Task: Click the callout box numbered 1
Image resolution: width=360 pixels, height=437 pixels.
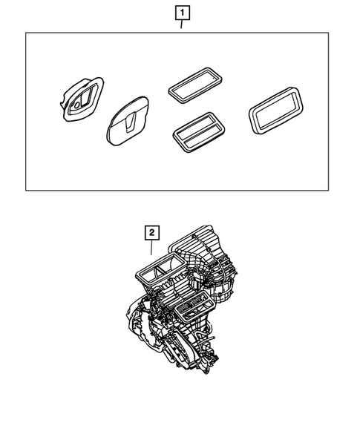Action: tap(181, 13)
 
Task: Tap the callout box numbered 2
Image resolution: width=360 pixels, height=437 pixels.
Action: tap(151, 233)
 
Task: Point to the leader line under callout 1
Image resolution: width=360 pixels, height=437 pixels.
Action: tap(181, 26)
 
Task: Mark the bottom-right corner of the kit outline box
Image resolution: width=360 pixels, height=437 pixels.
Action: tap(328, 191)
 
